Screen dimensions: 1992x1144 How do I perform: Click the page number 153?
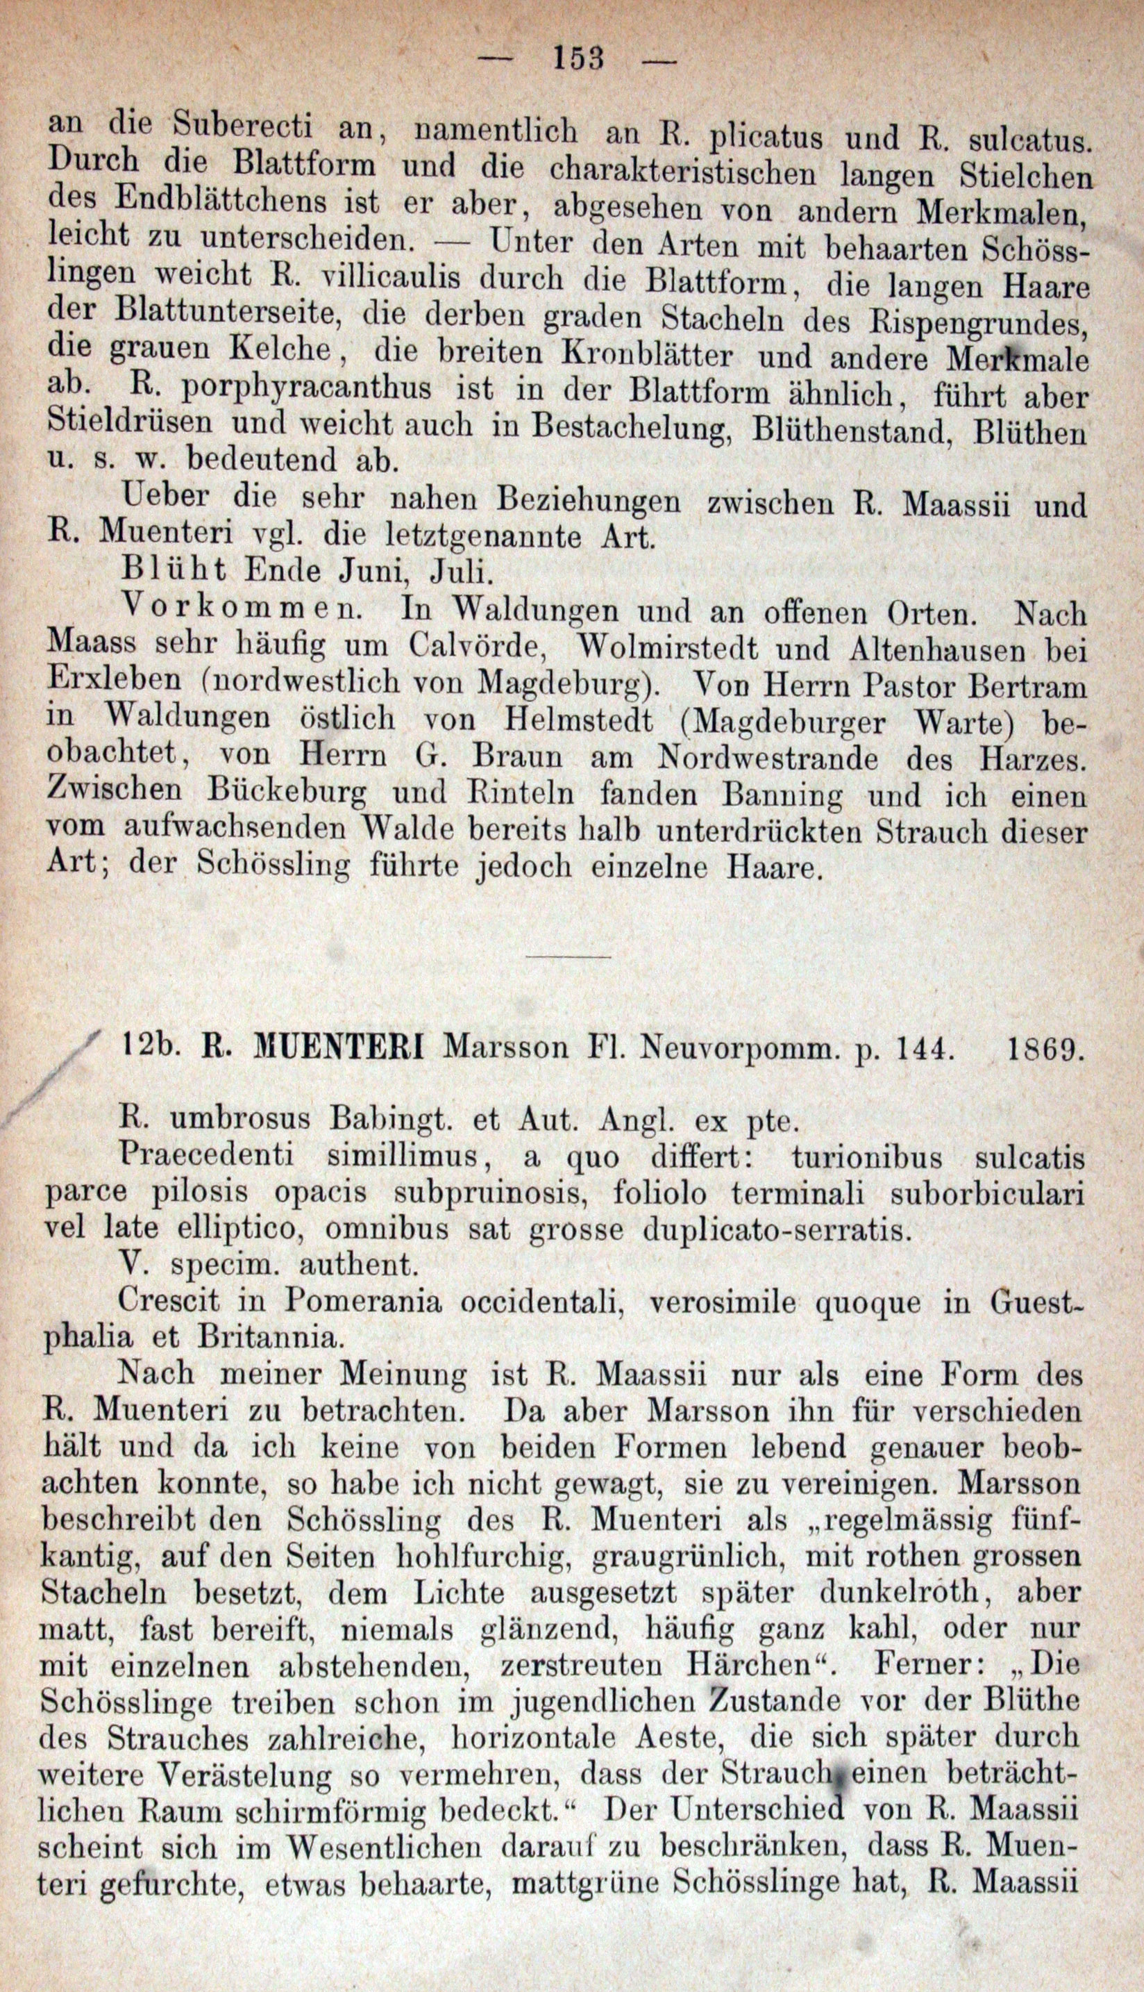click(x=578, y=59)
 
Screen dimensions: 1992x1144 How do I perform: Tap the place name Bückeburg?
click(x=287, y=794)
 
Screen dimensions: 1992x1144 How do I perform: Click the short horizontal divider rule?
click(x=569, y=956)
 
